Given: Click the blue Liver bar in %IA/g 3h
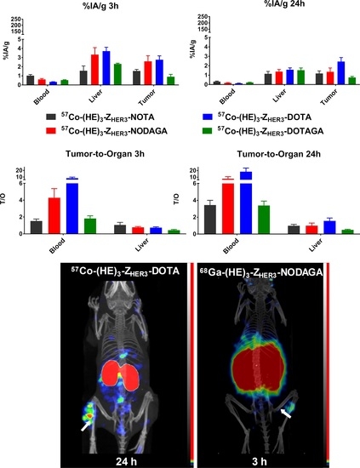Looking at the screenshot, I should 106,68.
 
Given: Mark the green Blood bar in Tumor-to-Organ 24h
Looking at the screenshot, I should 264,219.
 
